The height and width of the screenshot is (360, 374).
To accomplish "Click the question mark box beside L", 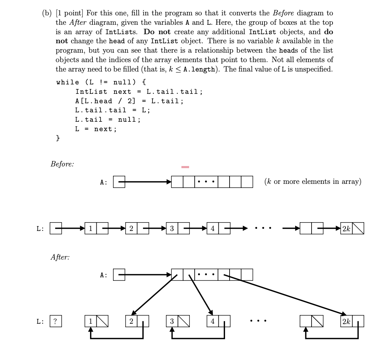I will (56, 321).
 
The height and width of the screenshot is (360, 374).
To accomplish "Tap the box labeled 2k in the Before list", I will (346, 228).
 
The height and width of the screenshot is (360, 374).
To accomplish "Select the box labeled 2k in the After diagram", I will (346, 321).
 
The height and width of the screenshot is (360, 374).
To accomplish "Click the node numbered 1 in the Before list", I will (90, 228).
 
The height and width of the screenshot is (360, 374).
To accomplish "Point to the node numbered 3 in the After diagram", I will (172, 321).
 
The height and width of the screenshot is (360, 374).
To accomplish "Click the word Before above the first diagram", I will (62, 164).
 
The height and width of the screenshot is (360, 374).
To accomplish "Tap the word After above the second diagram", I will (60, 257).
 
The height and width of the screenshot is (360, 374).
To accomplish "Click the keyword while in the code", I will (68, 82).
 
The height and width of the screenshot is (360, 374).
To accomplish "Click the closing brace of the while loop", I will (58, 138).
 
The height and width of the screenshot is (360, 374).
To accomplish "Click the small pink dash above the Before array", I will (185, 167).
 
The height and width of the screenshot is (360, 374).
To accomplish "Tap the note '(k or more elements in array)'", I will (313, 181).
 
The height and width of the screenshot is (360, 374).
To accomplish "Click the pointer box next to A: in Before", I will (119, 182).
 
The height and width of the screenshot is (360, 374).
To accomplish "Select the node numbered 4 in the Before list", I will (212, 228).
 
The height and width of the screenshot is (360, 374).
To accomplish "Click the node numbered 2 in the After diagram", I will (131, 321).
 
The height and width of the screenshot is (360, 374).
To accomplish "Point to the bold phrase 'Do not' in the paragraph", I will (157, 32).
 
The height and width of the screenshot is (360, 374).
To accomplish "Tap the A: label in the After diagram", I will (104, 275).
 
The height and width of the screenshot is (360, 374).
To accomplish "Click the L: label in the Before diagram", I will (40, 229).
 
